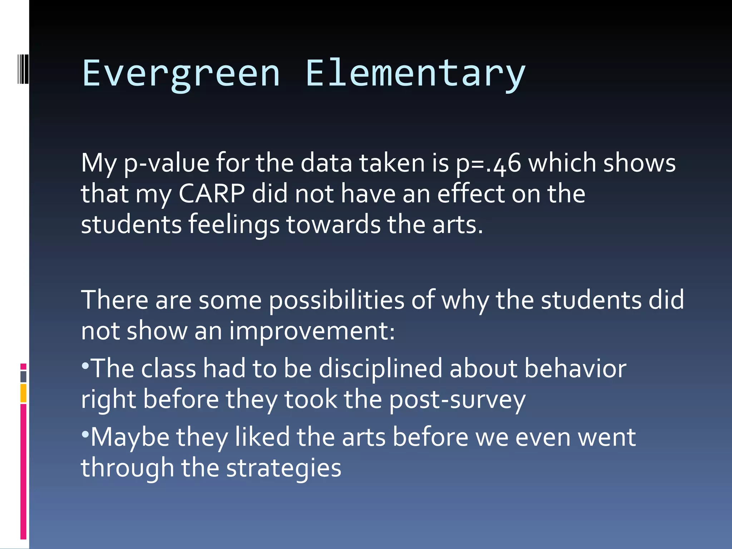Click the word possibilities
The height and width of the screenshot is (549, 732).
(336, 301)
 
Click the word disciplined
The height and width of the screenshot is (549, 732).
(381, 369)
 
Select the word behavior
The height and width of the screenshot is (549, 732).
(575, 369)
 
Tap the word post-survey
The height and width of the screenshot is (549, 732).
(457, 400)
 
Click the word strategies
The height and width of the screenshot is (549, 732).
(284, 468)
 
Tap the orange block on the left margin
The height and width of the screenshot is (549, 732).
(23, 393)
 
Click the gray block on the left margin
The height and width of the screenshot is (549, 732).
(23, 377)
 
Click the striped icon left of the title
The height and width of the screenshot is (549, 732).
(23, 68)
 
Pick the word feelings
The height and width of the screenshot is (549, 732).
(234, 224)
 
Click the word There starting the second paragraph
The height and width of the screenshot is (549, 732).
(114, 301)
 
